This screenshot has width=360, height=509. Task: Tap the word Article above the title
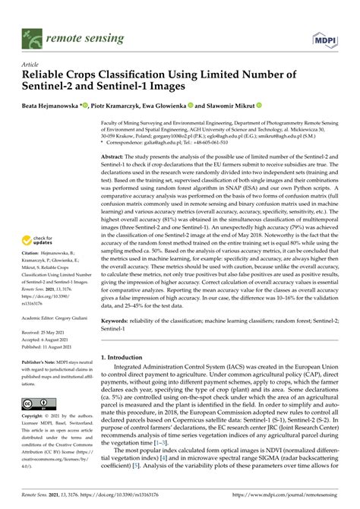point(30,66)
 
